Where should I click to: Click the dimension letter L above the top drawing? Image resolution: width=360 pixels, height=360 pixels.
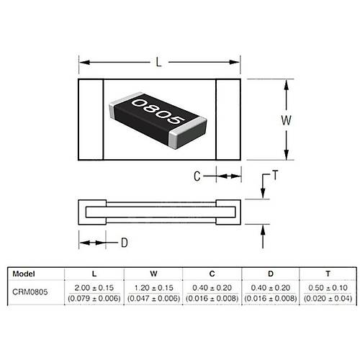[158, 63]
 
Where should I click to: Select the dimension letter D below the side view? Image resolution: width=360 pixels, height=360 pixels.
[124, 243]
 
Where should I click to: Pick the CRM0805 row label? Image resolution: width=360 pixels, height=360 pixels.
[32, 292]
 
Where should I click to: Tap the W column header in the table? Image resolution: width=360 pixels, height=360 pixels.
[153, 274]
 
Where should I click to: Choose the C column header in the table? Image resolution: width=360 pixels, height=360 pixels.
[212, 274]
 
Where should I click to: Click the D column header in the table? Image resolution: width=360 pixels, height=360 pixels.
[269, 274]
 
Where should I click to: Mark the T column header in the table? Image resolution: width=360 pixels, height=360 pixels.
[326, 274]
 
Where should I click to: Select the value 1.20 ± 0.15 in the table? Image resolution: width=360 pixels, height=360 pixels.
[153, 287]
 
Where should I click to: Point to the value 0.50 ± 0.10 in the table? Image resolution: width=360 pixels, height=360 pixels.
[326, 287]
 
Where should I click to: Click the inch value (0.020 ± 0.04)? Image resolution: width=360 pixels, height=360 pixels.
[326, 297]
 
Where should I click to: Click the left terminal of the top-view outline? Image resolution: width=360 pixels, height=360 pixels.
[91, 120]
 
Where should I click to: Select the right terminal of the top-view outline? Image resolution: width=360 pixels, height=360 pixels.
[228, 120]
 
